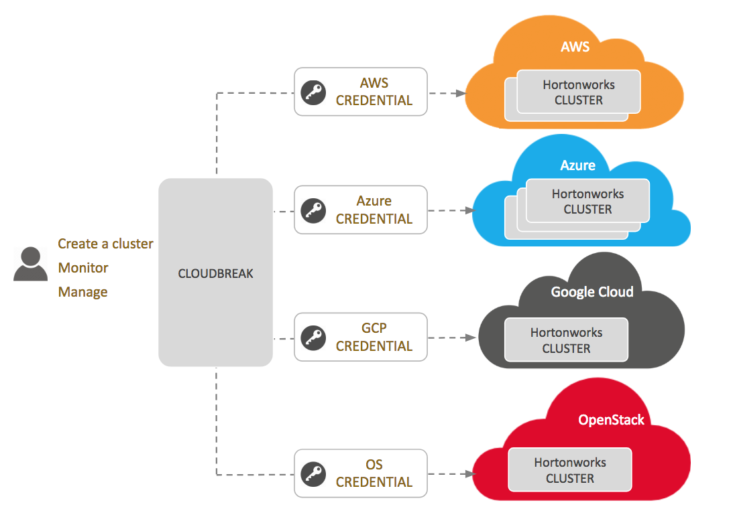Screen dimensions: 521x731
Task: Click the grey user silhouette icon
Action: tap(30, 264)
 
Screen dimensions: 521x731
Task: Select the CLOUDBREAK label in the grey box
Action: tap(215, 273)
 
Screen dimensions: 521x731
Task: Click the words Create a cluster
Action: tap(105, 244)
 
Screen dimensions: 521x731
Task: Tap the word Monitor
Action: tap(83, 268)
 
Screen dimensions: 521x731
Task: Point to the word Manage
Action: tap(82, 292)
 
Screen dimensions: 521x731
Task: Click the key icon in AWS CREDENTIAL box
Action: tap(313, 92)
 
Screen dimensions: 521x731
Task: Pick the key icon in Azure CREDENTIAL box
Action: tap(313, 210)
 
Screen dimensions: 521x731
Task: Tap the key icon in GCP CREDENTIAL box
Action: tap(313, 338)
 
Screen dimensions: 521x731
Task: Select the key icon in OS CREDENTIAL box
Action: tap(313, 473)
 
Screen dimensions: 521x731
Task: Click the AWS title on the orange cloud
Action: tap(575, 48)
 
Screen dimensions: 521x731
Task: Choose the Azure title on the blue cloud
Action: tap(577, 165)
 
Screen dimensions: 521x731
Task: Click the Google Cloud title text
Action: tap(592, 292)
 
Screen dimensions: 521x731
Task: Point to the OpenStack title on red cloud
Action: tap(611, 420)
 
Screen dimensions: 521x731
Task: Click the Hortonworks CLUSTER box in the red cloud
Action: tap(570, 470)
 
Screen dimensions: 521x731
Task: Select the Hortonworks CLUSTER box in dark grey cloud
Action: tap(566, 340)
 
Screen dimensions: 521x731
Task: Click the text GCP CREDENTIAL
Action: tap(374, 338)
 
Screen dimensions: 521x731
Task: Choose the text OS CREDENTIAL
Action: tap(374, 473)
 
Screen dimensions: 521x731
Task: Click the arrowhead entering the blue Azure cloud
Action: tap(469, 210)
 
